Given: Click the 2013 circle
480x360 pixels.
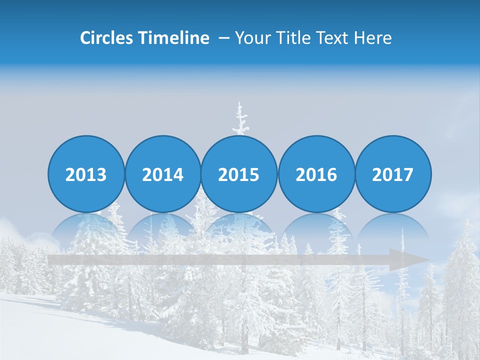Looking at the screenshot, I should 86,174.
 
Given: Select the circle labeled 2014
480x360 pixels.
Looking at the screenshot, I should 162,174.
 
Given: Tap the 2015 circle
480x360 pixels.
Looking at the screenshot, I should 239,174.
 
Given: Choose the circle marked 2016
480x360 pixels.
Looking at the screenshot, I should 316,174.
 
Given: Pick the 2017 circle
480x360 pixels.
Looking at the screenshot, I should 393,174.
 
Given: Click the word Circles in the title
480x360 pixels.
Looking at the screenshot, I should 106,38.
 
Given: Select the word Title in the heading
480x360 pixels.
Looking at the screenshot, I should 293,38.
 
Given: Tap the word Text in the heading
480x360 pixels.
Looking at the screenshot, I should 333,38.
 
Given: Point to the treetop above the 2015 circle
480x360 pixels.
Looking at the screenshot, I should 241,117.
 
